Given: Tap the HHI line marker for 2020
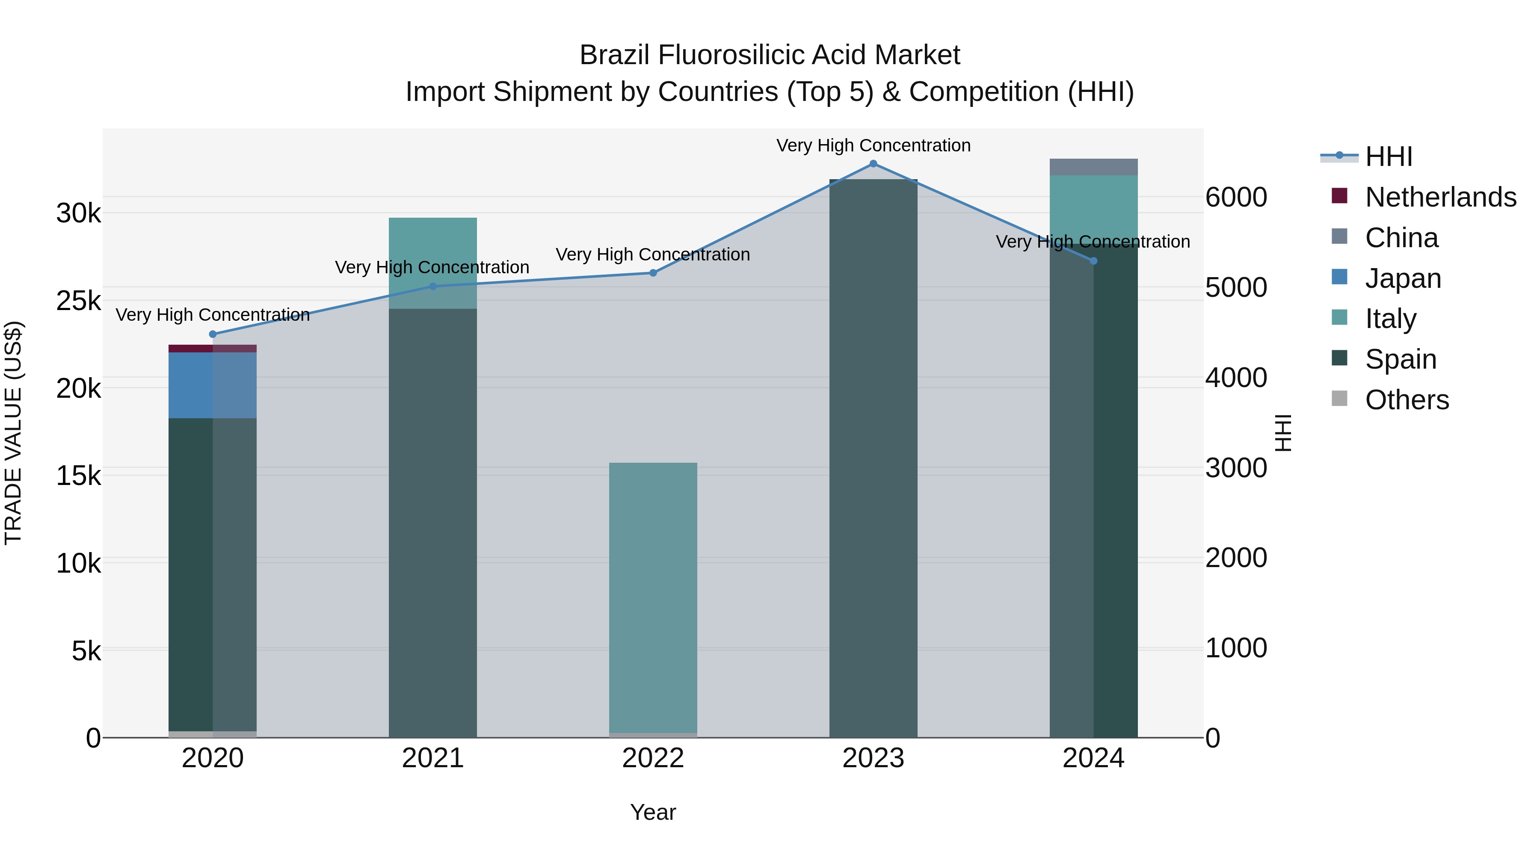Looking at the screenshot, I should tap(213, 334).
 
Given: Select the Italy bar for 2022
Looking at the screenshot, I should tap(653, 598).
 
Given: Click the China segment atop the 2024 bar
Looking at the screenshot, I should tap(1093, 167).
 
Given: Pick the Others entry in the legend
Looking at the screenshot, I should tap(1406, 400).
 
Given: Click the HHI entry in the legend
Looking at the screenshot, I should tap(1388, 157).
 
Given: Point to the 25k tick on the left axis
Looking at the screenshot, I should tap(79, 301).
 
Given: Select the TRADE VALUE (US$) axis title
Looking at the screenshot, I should tap(13, 433).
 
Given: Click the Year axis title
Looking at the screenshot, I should tap(653, 812).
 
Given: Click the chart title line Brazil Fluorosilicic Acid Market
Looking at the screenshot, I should tap(770, 55).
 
